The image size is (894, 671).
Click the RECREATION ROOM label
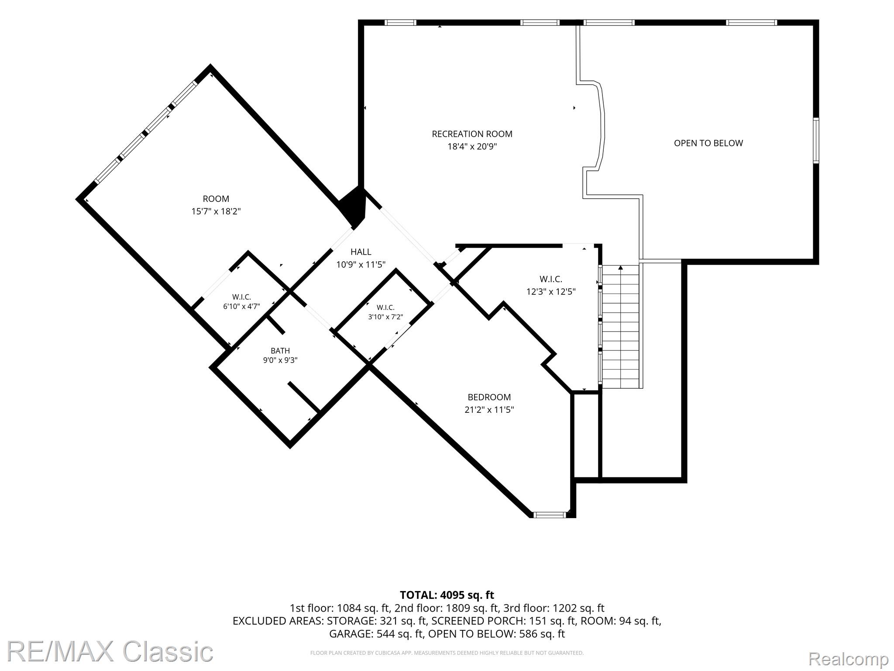pos(472,134)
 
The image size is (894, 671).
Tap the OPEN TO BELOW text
pos(708,143)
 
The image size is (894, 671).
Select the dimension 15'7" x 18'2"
pos(216,211)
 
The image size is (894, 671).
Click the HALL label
pos(361,252)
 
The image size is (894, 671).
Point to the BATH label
pos(280,351)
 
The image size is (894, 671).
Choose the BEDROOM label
pos(489,397)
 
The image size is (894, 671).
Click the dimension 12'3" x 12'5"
pos(551,291)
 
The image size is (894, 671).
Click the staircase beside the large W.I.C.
pos(620,326)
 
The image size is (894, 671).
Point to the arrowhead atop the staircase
pos(620,268)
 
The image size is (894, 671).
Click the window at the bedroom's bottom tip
pos(550,515)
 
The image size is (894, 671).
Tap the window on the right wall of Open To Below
pos(816,140)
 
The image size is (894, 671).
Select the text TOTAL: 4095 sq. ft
pos(447,595)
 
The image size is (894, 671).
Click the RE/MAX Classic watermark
pos(110,651)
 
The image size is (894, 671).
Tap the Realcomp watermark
pos(848,658)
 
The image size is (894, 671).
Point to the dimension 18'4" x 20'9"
pos(472,146)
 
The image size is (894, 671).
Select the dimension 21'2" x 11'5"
pos(489,410)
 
